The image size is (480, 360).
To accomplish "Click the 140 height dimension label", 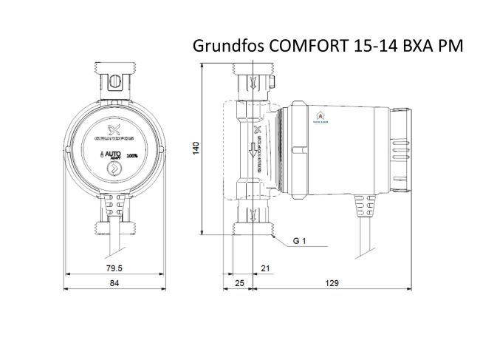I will [196, 148].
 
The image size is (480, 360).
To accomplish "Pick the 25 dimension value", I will [239, 282].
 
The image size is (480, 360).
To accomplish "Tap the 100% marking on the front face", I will [131, 156].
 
